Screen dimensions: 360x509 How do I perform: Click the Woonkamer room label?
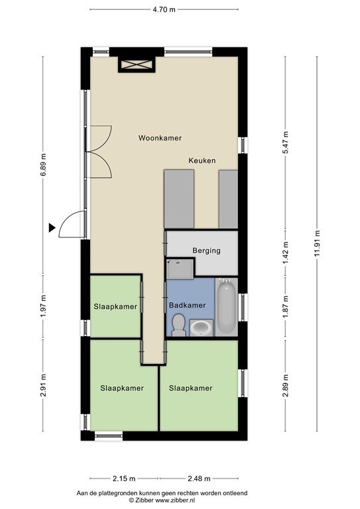160,138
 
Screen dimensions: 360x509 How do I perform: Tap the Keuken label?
202,160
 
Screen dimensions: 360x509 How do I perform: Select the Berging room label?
206,251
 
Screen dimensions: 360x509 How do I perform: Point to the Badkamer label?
188,306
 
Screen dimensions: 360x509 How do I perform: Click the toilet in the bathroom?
178,325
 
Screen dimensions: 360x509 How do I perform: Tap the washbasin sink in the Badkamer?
202,328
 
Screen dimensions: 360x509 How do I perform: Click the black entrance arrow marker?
52,228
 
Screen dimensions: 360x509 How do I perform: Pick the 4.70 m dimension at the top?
164,9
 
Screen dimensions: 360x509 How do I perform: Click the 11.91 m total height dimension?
317,243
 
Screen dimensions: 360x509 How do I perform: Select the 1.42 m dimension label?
285,253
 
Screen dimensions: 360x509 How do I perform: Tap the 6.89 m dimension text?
43,164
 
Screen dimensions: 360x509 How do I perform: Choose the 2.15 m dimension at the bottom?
124,479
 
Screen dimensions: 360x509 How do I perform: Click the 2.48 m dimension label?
199,479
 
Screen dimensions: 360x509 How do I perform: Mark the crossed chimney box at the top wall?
137,64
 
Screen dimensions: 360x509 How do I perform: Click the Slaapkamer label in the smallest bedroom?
115,307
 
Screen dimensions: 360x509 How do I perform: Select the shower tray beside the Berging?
180,269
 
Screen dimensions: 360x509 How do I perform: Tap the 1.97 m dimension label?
43,306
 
